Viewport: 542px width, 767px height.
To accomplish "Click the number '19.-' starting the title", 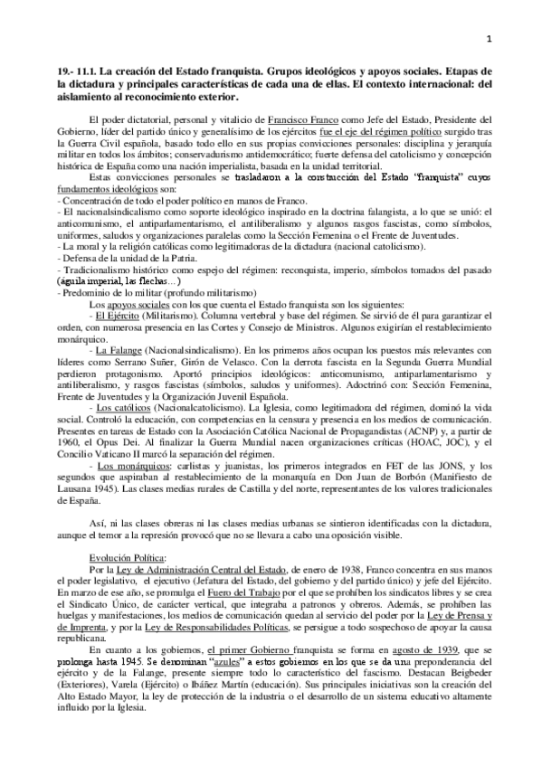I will click(63, 69).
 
